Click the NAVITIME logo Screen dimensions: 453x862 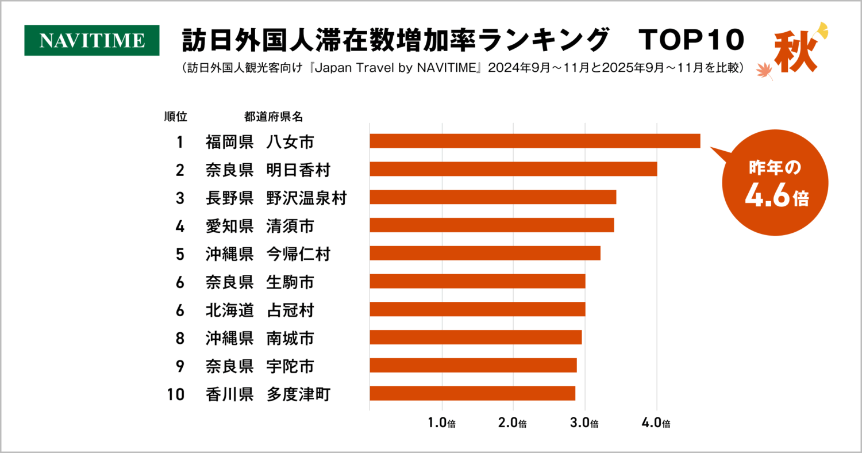click(x=92, y=40)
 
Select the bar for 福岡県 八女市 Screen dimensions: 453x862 click(x=534, y=141)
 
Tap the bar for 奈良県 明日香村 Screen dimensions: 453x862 click(x=513, y=169)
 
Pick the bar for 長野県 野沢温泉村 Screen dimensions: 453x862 click(x=492, y=197)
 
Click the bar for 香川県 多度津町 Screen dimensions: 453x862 click(x=472, y=393)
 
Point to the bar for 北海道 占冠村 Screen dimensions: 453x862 click(x=477, y=309)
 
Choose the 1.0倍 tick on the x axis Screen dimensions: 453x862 click(x=442, y=424)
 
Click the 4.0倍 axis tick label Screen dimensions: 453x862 click(x=657, y=424)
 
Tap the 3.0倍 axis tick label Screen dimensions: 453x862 click(x=585, y=424)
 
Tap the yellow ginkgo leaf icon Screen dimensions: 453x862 click(x=822, y=30)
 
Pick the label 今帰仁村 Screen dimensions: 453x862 click(x=298, y=254)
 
